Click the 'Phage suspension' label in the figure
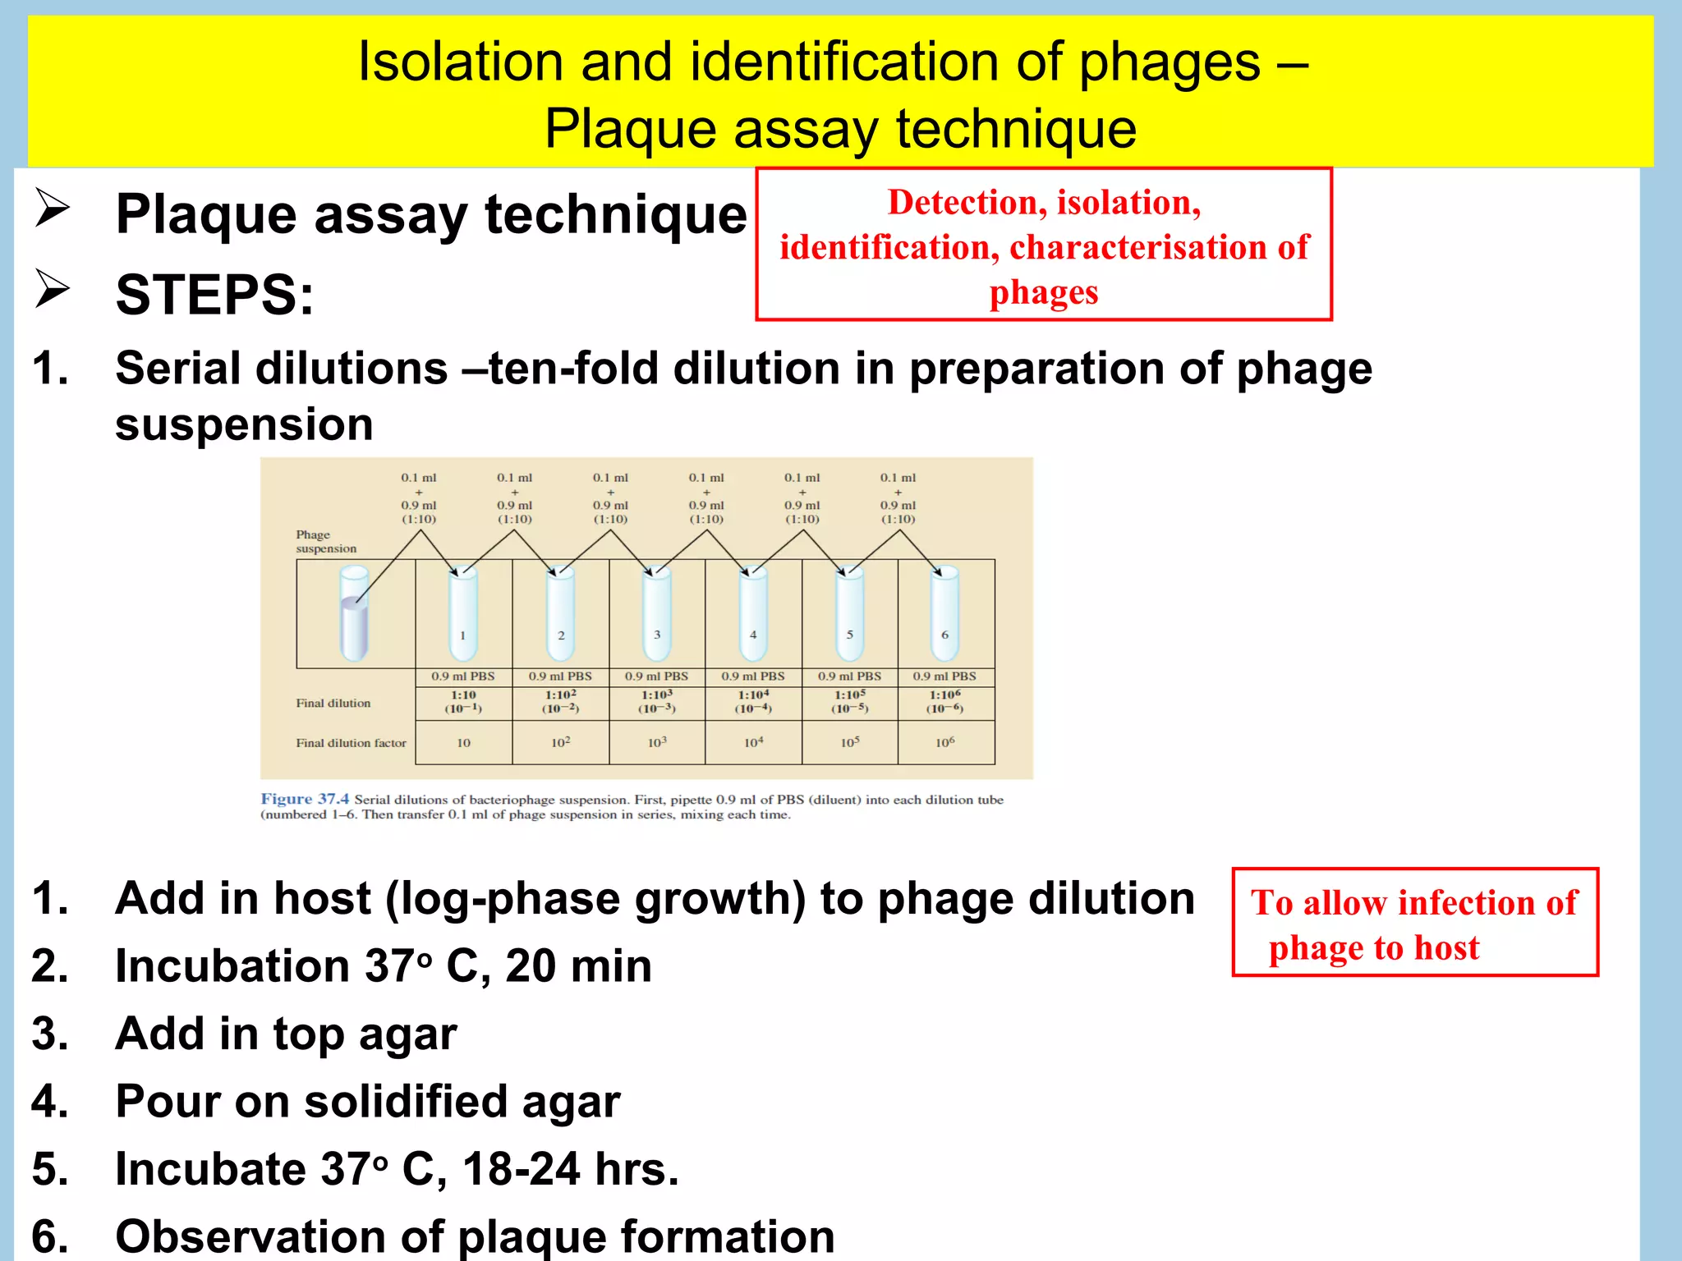[x=325, y=541]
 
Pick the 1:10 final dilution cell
[x=463, y=701]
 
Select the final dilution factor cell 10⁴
[x=753, y=742]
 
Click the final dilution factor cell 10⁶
[x=944, y=742]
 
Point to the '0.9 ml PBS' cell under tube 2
[x=560, y=676]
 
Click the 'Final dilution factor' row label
[x=351, y=743]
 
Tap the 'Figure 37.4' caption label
[x=305, y=799]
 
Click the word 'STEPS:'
[x=214, y=295]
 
